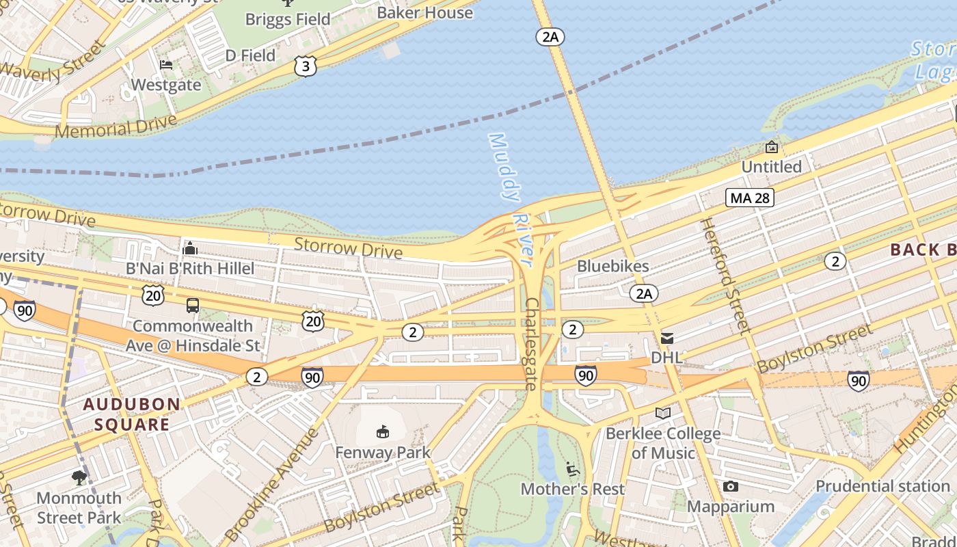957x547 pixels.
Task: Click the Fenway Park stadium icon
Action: [383, 431]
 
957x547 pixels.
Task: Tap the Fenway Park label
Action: [383, 453]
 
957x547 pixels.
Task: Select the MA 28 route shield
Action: [749, 198]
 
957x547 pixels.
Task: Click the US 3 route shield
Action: [306, 66]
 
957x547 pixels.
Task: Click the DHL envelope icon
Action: [666, 338]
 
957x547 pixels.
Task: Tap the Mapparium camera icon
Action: [730, 487]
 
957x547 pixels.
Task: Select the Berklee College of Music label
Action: [662, 443]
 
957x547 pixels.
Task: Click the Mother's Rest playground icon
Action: [573, 469]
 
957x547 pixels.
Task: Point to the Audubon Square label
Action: [132, 414]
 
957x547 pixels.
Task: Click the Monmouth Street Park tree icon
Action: [79, 477]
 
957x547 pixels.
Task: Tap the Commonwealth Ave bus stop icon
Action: [192, 306]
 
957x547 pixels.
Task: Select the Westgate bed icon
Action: [166, 66]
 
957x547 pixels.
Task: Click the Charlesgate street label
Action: [532, 344]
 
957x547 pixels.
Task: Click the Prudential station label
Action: [882, 486]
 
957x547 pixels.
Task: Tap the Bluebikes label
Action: [613, 266]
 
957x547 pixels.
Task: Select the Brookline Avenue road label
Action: [271, 487]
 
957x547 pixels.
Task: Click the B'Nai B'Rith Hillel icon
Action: [190, 248]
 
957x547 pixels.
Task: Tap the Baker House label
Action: [424, 12]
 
